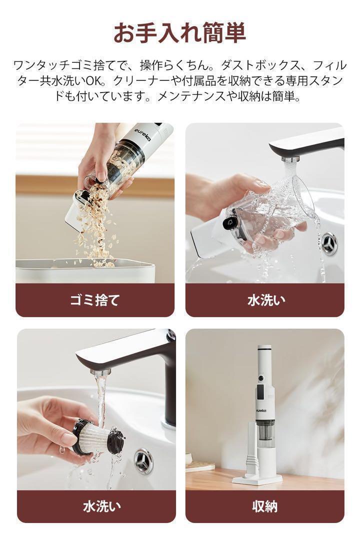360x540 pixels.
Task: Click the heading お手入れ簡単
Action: tap(179, 32)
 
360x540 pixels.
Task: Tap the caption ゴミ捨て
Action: tap(94, 300)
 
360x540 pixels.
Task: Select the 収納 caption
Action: tap(264, 506)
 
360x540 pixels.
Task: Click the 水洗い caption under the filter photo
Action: tap(102, 506)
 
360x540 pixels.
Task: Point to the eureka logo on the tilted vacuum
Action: tap(142, 132)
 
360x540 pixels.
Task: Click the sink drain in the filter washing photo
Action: tap(143, 461)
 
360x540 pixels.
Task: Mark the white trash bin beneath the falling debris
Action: tap(85, 270)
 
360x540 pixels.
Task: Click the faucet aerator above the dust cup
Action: tap(290, 160)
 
